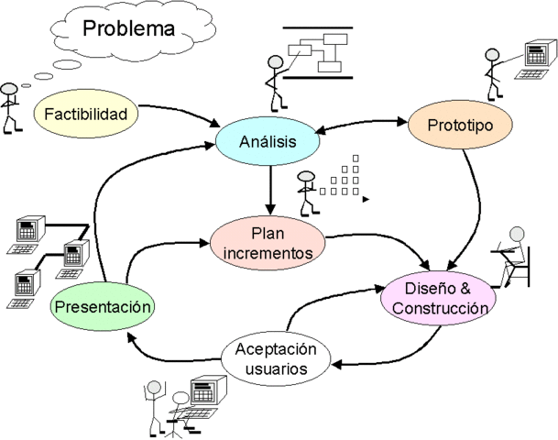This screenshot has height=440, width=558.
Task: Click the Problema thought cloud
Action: [129, 29]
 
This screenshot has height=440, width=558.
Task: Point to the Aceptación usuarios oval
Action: [276, 359]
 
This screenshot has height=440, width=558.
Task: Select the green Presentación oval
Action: [101, 307]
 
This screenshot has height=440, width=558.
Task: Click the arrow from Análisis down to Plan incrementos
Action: [268, 189]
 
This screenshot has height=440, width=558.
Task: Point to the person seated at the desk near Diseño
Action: [512, 257]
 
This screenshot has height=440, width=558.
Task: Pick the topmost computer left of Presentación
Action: [31, 231]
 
